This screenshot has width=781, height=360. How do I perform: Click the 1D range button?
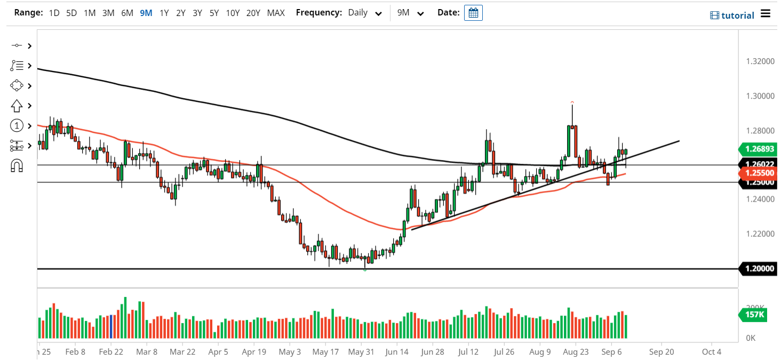pos(54,13)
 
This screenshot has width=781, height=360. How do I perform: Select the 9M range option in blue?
pos(146,13)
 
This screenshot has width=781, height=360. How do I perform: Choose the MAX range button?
pos(276,13)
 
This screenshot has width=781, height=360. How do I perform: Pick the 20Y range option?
pos(253,13)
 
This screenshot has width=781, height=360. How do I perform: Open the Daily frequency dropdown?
pos(365,13)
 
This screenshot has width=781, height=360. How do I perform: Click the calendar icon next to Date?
pos(473,13)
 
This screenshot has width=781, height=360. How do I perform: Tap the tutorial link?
pos(732,15)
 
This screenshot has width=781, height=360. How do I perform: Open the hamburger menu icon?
pos(766,13)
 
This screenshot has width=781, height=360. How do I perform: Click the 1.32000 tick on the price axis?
pos(760,61)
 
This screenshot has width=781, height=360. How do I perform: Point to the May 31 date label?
pos(361,352)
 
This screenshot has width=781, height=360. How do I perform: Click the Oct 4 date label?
pos(712,352)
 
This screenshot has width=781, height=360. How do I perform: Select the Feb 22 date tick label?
pos(111,352)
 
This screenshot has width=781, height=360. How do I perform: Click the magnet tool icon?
pos(17,166)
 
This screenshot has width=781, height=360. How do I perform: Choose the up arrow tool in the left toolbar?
pos(16,106)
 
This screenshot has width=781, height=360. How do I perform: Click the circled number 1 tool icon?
pos(17,126)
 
